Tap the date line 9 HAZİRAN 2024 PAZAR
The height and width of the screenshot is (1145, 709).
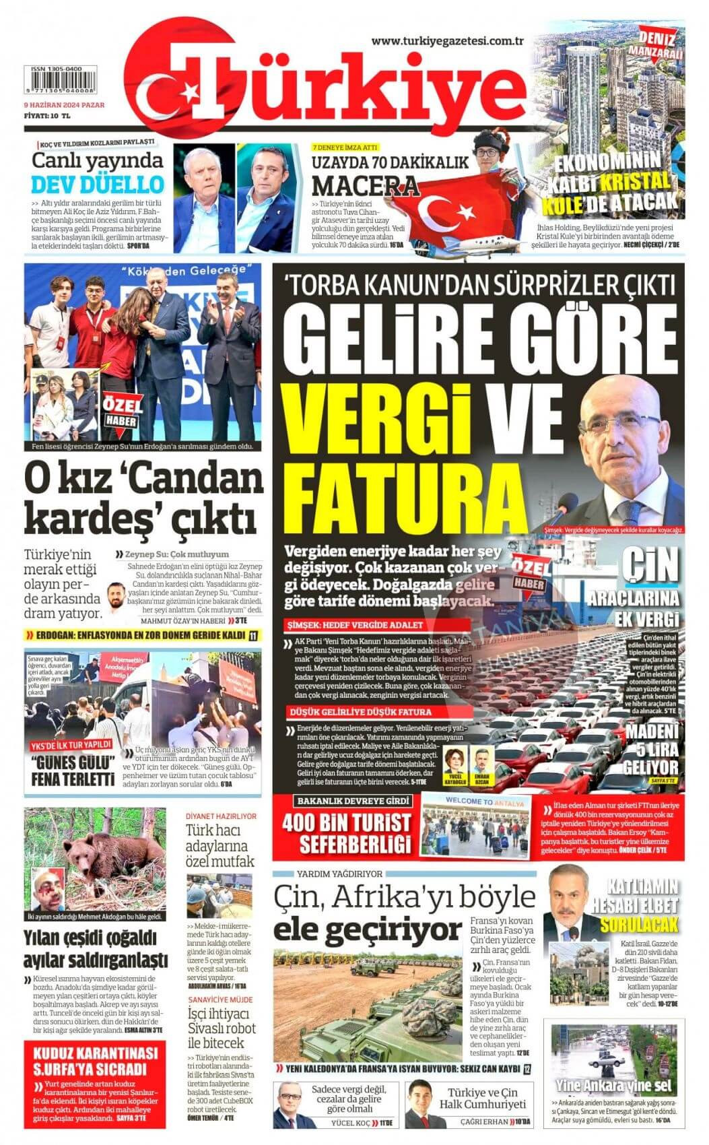[59, 105]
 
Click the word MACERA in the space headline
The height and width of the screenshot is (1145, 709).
[366, 185]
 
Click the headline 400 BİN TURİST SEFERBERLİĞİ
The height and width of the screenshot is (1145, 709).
[346, 832]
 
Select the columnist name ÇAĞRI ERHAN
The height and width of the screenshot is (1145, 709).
[483, 1123]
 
